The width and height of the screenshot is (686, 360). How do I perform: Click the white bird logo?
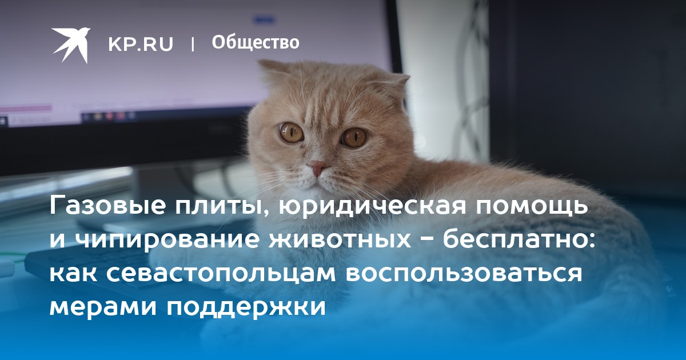click(x=70, y=45)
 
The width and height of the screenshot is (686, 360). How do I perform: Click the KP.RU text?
click(x=141, y=44)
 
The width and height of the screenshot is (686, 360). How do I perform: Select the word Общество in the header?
click(x=256, y=42)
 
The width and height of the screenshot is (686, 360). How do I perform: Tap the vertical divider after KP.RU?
click(x=193, y=44)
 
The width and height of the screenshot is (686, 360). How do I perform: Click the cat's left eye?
click(x=291, y=133)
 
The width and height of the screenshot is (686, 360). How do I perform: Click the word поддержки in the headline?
click(x=246, y=307)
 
